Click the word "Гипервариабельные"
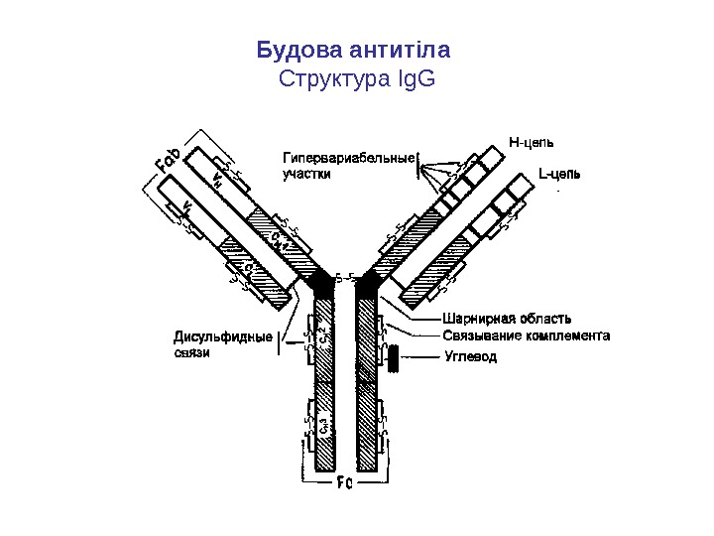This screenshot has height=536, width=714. coord(348,158)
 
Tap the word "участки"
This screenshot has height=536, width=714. coord(308,173)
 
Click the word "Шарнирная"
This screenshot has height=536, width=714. coord(477,319)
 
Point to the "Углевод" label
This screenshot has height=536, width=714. coord(470,355)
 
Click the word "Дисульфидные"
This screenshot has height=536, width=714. coord(223,336)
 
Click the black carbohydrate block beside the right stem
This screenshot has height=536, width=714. coord(393,358)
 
